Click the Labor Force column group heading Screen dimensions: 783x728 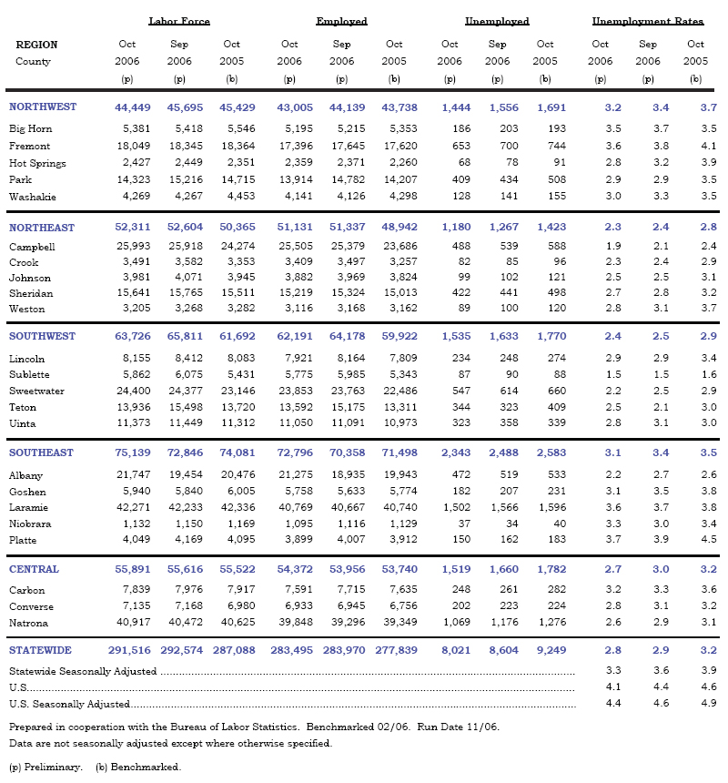click(x=179, y=21)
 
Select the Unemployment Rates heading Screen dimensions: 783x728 click(x=647, y=21)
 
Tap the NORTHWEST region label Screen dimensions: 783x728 click(x=43, y=107)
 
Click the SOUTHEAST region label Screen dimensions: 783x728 click(x=42, y=453)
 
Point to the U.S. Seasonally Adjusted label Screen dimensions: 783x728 click(x=69, y=704)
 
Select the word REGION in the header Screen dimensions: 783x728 click(x=36, y=45)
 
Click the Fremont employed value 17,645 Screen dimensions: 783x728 click(x=342, y=147)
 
